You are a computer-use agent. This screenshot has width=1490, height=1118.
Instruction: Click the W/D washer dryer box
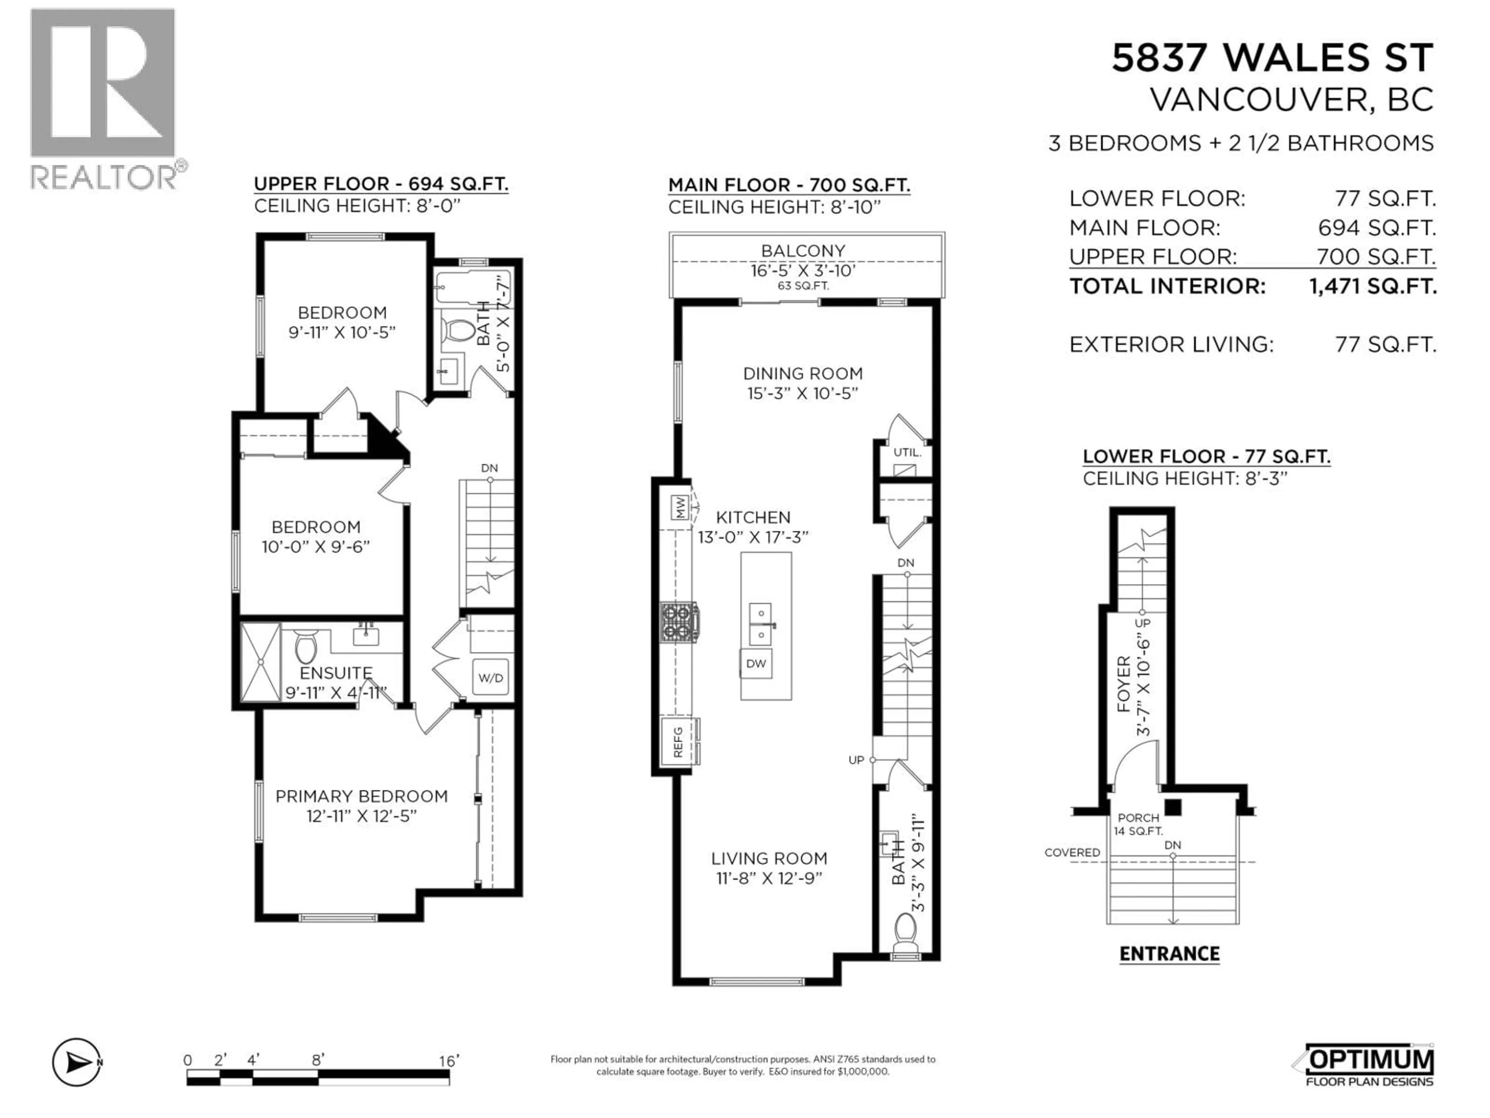(490, 677)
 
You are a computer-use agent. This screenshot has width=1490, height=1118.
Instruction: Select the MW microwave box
(680, 507)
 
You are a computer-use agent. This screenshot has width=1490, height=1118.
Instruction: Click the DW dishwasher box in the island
(756, 664)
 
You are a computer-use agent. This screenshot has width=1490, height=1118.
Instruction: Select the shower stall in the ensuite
(260, 662)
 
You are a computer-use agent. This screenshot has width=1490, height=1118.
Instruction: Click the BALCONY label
(803, 251)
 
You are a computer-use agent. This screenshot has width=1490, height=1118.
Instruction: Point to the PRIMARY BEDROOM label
(361, 796)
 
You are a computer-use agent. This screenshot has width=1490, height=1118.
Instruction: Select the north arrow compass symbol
(77, 1063)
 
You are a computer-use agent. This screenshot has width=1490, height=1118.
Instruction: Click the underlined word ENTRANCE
(1169, 954)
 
